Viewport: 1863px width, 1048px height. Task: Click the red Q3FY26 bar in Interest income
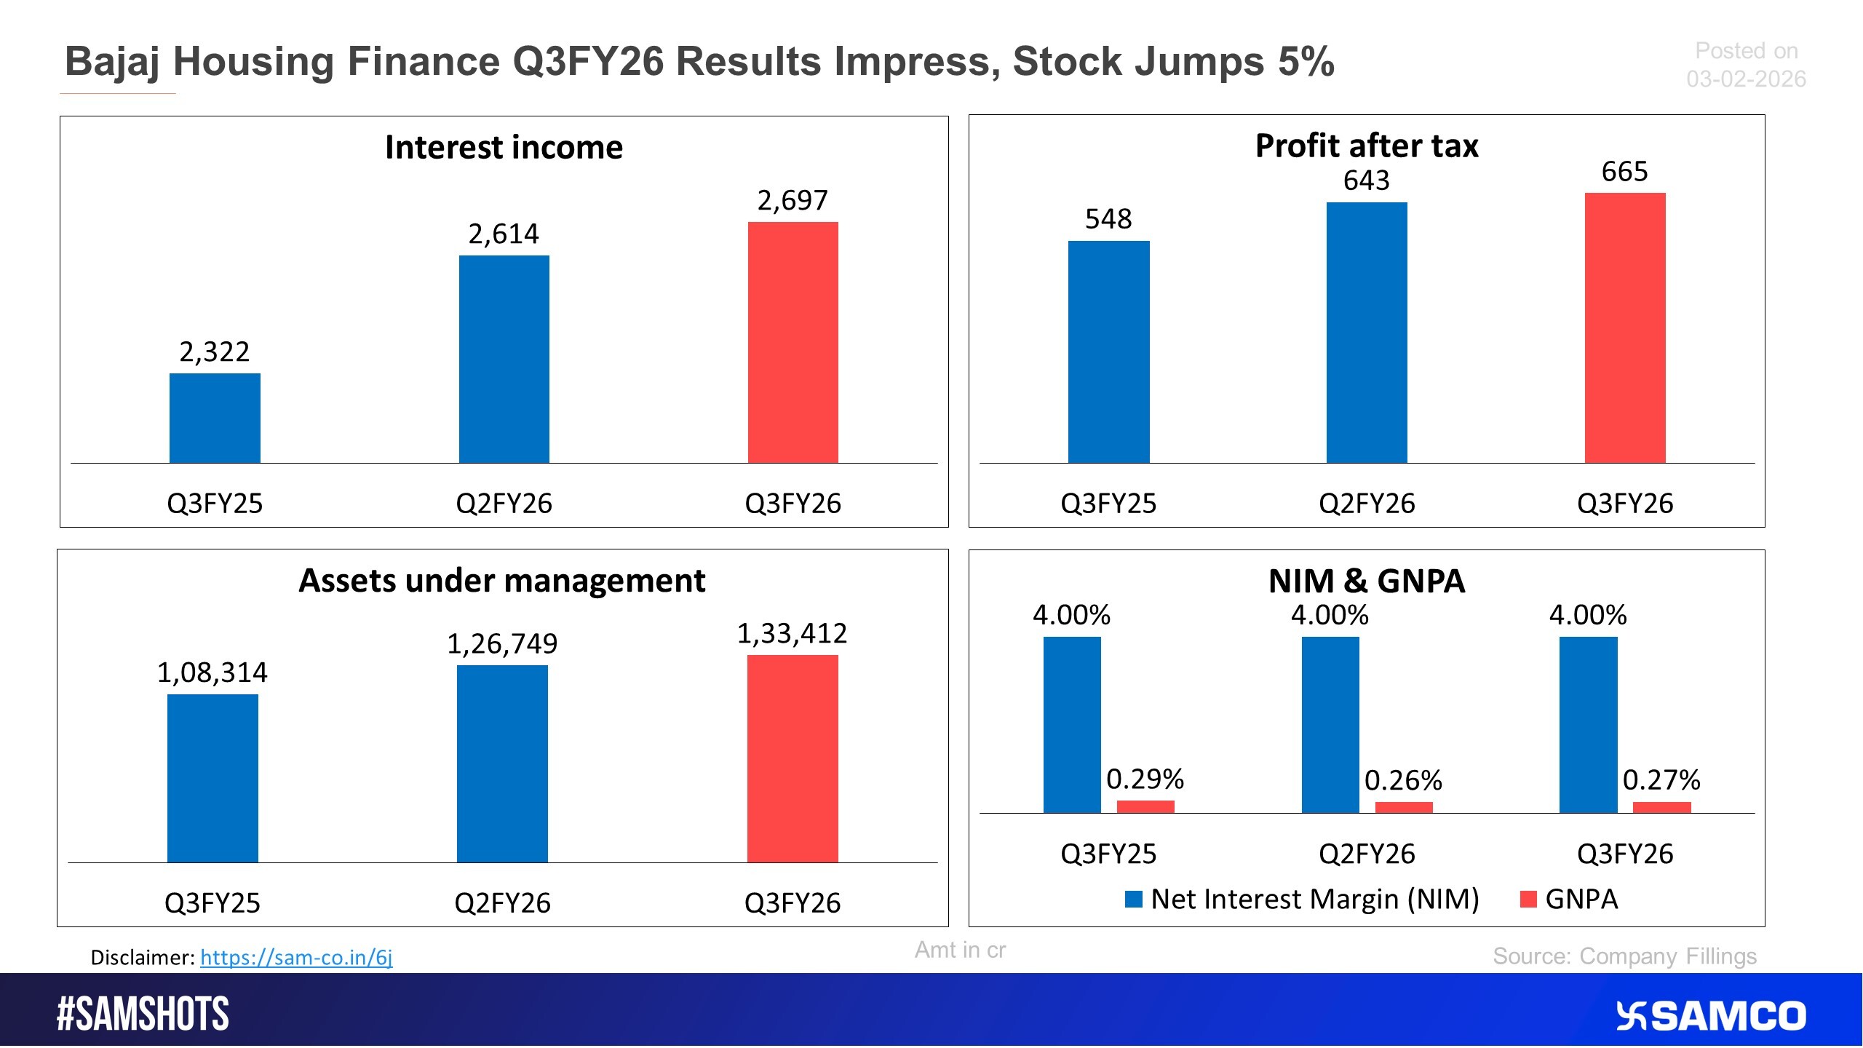(793, 342)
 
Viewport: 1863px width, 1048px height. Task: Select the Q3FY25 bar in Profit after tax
(1108, 352)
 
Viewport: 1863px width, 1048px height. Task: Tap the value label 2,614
(503, 234)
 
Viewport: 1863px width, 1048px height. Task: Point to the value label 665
(1624, 172)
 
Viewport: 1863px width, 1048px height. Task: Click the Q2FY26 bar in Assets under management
(502, 763)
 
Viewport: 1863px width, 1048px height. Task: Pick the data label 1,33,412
(792, 634)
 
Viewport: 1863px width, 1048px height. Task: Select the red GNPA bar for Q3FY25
(1145, 806)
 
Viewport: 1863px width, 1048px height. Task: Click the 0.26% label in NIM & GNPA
(1402, 781)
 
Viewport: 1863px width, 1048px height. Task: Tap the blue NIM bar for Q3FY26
(1588, 724)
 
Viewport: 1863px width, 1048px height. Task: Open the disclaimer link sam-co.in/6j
(296, 957)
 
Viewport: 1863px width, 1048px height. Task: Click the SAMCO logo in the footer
(1710, 1016)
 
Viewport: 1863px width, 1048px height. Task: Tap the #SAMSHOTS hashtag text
(143, 1015)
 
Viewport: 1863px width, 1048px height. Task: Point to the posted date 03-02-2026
(1746, 79)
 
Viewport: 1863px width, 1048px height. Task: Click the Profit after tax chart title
(1366, 146)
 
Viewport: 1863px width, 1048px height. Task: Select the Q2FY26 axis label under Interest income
(504, 504)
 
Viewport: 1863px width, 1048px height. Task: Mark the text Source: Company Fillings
(1624, 956)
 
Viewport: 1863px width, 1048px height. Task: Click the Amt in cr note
(959, 950)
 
